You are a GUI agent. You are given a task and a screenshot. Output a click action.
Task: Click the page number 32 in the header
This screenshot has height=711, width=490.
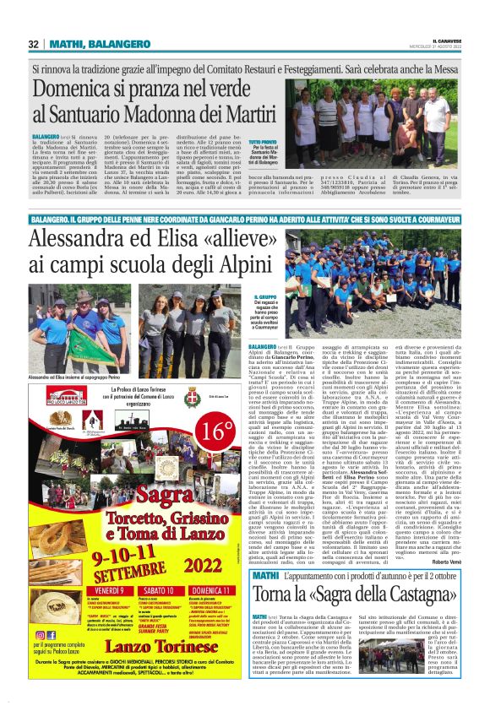click(x=34, y=44)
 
